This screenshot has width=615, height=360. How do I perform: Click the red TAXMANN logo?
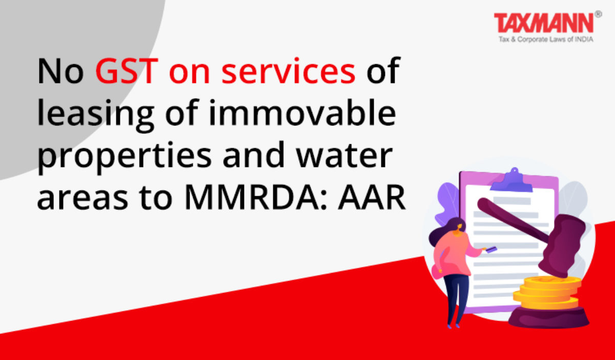pyautogui.click(x=544, y=23)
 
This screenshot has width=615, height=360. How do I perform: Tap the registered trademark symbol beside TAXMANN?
pyautogui.click(x=599, y=14)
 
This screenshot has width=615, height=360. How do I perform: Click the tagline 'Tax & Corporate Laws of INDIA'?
pyautogui.click(x=546, y=39)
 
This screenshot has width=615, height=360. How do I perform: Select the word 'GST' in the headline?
pyautogui.click(x=127, y=71)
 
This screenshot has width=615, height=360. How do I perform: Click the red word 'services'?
pyautogui.click(x=289, y=71)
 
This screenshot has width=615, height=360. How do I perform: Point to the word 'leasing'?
pyautogui.click(x=95, y=115)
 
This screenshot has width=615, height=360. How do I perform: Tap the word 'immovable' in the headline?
pyautogui.click(x=302, y=112)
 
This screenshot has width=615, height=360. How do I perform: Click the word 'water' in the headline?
pyautogui.click(x=344, y=156)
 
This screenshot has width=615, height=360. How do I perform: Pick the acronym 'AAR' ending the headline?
pyautogui.click(x=372, y=197)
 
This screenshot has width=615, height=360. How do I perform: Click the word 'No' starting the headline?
pyautogui.click(x=60, y=71)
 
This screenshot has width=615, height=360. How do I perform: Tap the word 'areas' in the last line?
pyautogui.click(x=83, y=199)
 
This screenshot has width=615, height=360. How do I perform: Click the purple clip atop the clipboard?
pyautogui.click(x=511, y=180)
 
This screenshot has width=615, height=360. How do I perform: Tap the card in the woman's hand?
pyautogui.click(x=491, y=249)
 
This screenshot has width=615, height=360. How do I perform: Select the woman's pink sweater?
pyautogui.click(x=454, y=254)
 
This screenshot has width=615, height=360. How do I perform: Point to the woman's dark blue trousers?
pyautogui.click(x=456, y=299)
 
